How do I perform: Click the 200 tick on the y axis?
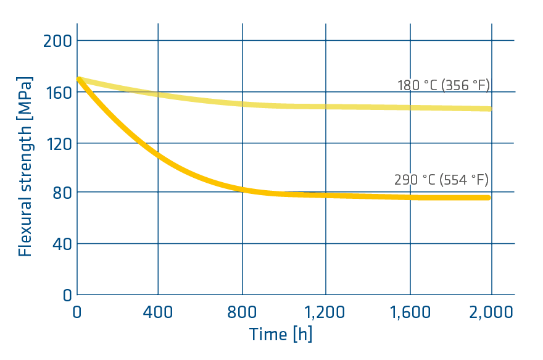[x=58, y=41]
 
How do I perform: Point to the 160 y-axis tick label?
[x=58, y=93]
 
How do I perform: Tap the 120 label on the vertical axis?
[x=58, y=143]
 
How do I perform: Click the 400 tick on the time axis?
[x=158, y=312]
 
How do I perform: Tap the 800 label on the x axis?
[x=242, y=312]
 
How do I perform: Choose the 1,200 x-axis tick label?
[x=326, y=312]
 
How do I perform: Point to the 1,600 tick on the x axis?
[x=410, y=312]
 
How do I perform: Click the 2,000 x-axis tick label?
[x=492, y=312]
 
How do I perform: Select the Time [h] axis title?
[x=281, y=335]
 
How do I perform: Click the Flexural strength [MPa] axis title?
[x=25, y=167]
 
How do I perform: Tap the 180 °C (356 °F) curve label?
[x=444, y=85]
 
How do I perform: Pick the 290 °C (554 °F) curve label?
[x=442, y=180]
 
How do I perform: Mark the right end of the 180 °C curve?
[x=491, y=109]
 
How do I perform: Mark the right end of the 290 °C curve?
[x=489, y=198]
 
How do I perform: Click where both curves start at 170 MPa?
[x=78, y=79]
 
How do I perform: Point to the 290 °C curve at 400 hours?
[x=158, y=154]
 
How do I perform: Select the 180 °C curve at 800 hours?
[x=242, y=104]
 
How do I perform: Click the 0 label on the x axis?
[x=77, y=312]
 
